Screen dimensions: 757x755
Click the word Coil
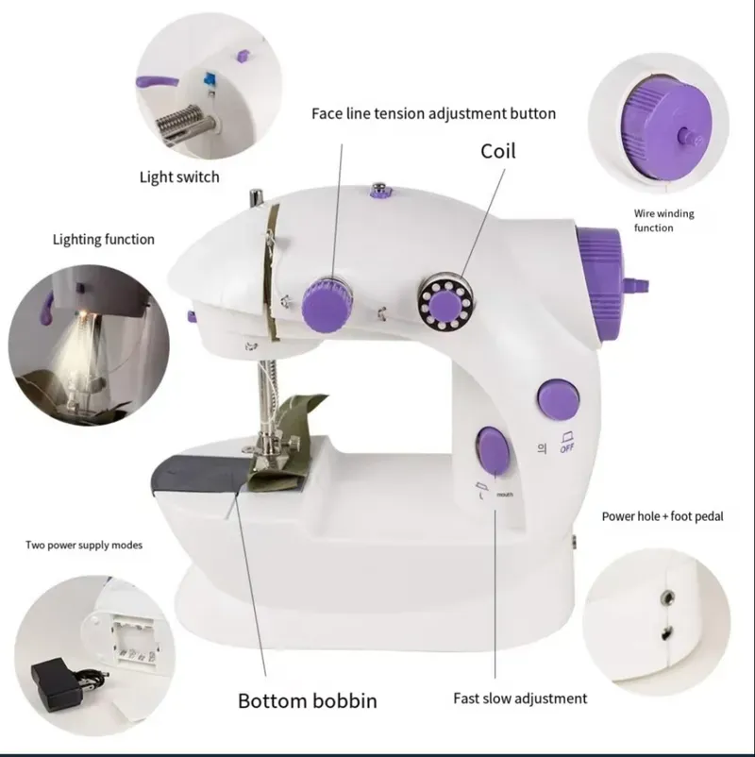[x=498, y=150]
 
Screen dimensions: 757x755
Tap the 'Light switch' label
[x=179, y=177]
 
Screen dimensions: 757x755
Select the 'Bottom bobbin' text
[x=307, y=700]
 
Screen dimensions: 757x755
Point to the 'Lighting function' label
[x=103, y=239]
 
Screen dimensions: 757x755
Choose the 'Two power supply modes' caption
[x=84, y=545]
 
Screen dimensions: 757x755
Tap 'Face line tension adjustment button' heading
[x=433, y=113]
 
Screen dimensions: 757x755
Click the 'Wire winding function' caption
[x=663, y=221]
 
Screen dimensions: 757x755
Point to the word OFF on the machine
[x=568, y=448]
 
